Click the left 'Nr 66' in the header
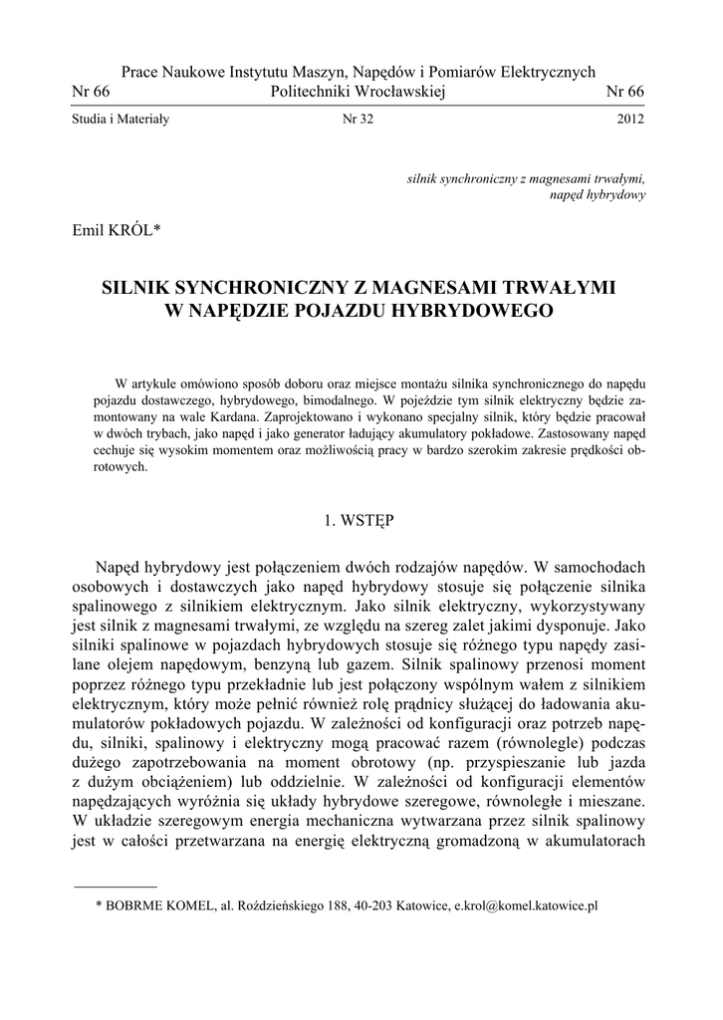tap(91, 92)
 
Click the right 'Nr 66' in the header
tap(625, 92)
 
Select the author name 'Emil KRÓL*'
tap(118, 232)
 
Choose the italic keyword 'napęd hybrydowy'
tap(598, 194)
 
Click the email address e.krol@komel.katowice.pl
tap(525, 906)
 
